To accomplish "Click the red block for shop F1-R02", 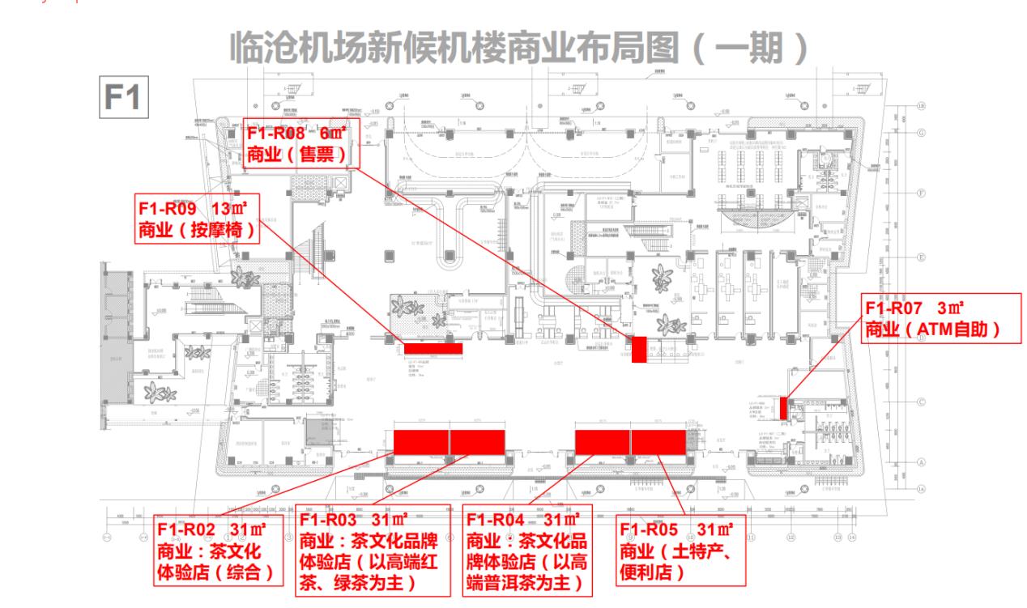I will tap(420, 442).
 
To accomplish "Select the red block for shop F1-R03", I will tap(478, 442).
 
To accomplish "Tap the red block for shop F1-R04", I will tap(602, 442).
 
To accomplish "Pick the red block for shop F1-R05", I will tap(658, 442).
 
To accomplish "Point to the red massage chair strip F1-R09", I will tap(433, 348).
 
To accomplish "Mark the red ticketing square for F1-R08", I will tap(639, 349).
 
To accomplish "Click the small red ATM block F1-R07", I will tap(783, 407).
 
